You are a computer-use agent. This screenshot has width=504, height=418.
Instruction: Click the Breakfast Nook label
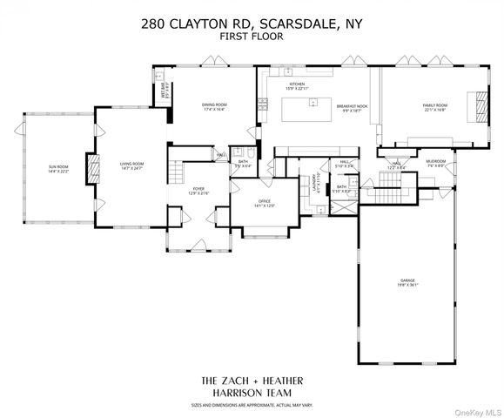[353, 108]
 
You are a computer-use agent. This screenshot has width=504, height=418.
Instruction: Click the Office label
[265, 204]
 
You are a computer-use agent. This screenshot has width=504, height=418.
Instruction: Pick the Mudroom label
[436, 162]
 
